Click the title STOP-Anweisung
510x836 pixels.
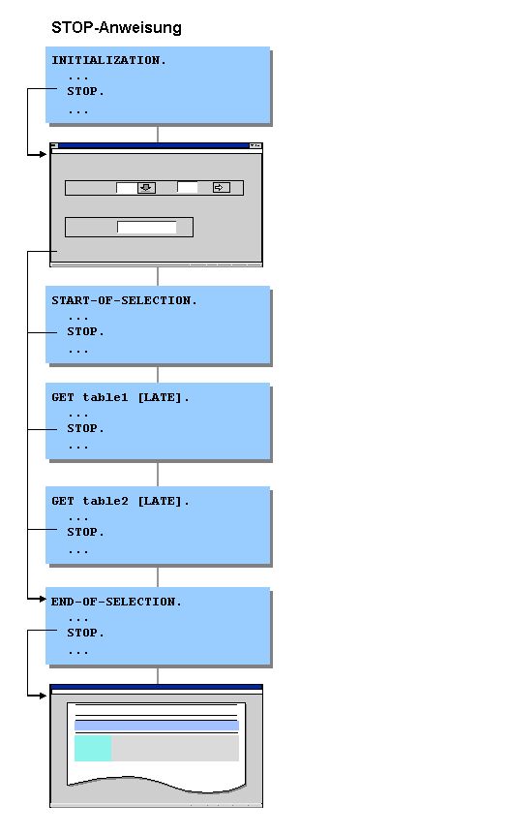(116, 28)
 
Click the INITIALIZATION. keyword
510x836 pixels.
(108, 60)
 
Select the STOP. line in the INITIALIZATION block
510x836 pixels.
(85, 92)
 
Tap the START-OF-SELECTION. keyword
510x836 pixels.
(124, 300)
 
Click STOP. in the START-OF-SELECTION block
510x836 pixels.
(85, 331)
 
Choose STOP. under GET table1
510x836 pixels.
(85, 428)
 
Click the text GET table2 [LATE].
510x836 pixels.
(120, 501)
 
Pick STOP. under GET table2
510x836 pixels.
(85, 532)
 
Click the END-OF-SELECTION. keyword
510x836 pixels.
(116, 602)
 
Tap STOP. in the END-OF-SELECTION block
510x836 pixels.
(85, 633)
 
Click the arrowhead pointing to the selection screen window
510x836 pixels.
(43, 154)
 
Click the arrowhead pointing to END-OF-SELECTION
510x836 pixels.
(43, 600)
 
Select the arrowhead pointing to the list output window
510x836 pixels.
(43, 695)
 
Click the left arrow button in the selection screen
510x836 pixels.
(146, 188)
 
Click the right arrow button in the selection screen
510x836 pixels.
(221, 188)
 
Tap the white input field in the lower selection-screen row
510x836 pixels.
(147, 228)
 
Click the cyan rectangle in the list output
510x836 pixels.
(93, 749)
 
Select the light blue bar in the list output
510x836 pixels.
(157, 726)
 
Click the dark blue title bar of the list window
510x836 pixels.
(157, 688)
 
